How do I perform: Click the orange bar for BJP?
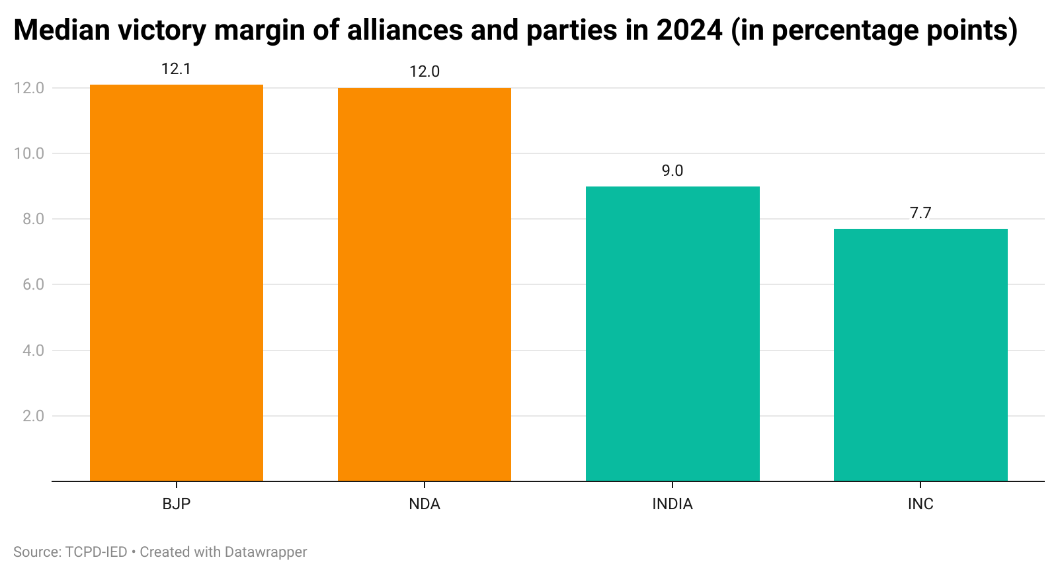click(176, 283)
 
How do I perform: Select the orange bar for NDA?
click(424, 284)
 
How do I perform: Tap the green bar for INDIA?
click(672, 334)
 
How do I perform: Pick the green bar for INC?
click(920, 355)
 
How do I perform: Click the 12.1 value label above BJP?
click(176, 69)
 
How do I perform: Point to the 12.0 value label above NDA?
click(424, 71)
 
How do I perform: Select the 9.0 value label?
click(672, 171)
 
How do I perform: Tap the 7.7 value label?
click(920, 213)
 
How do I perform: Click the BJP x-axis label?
click(176, 504)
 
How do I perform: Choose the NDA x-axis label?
click(424, 504)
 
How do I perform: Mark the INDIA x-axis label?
click(672, 504)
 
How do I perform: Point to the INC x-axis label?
click(920, 504)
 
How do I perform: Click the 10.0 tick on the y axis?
click(29, 153)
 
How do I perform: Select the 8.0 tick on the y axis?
click(33, 219)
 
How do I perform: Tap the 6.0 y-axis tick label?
click(33, 284)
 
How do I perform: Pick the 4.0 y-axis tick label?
click(33, 350)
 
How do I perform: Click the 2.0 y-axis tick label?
click(33, 416)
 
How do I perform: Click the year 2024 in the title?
click(689, 30)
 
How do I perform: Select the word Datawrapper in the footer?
click(266, 552)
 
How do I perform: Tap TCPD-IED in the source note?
click(97, 552)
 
